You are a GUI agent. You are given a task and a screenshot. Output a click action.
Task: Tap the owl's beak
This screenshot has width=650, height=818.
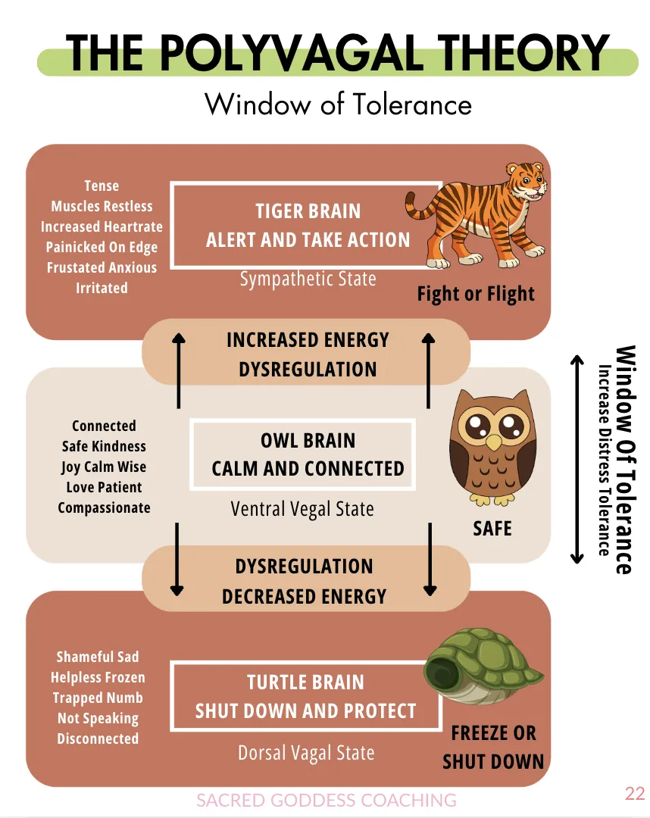(x=493, y=442)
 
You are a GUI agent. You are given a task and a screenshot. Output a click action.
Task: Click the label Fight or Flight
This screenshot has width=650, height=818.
(x=476, y=295)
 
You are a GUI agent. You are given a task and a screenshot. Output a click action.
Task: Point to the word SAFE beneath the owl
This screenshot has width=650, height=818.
(x=492, y=529)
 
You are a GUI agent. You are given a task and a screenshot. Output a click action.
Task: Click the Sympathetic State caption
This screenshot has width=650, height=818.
(x=308, y=279)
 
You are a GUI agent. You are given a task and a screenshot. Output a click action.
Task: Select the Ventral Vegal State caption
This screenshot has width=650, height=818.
(x=302, y=510)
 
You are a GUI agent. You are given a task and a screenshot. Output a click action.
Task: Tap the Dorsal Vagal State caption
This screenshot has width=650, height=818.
(x=306, y=754)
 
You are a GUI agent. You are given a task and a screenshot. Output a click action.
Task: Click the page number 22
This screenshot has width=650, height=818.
(x=635, y=794)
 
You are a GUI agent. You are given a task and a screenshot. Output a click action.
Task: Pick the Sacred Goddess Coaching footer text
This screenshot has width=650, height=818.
(x=326, y=801)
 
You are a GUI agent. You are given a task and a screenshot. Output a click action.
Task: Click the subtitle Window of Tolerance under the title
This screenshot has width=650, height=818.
(x=338, y=104)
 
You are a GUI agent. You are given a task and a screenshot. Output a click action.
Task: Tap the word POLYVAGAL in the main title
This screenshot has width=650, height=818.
(x=291, y=53)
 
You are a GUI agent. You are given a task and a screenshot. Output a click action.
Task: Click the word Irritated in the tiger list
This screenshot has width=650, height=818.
(x=102, y=288)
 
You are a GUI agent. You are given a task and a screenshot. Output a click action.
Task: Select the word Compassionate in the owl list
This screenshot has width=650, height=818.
(x=105, y=507)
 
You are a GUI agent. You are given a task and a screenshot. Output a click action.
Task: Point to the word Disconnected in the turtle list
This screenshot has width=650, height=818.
(x=98, y=738)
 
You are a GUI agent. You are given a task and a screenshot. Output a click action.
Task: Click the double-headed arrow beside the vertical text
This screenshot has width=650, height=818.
(x=577, y=460)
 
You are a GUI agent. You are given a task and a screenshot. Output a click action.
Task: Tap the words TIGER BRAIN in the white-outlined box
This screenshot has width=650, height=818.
(x=308, y=211)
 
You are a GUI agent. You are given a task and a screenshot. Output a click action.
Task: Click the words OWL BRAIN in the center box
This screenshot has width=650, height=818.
(x=308, y=441)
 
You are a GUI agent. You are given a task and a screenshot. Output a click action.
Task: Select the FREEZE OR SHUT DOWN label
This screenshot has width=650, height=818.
(x=493, y=748)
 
